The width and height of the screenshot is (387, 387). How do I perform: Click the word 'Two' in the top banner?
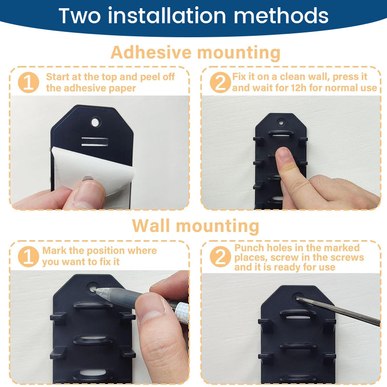pyautogui.click(x=79, y=16)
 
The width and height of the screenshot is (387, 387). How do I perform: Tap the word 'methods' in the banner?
pyautogui.click(x=281, y=16)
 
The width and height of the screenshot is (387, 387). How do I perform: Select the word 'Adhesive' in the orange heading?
pyautogui.click(x=151, y=52)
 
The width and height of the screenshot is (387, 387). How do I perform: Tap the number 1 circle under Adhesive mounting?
pyautogui.click(x=29, y=82)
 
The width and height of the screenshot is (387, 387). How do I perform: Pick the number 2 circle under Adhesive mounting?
pyautogui.click(x=220, y=82)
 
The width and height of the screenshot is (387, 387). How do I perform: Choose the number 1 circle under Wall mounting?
pyautogui.click(x=29, y=256)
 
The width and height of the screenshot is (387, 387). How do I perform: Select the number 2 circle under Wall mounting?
pyautogui.click(x=220, y=256)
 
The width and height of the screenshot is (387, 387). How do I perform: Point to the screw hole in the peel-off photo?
pyautogui.click(x=95, y=122)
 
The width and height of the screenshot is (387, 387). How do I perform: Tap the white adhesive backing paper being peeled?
pyautogui.click(x=94, y=170)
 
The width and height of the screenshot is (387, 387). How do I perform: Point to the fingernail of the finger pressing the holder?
pyautogui.click(x=283, y=154)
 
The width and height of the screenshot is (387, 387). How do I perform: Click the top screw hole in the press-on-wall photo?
pyautogui.click(x=281, y=122)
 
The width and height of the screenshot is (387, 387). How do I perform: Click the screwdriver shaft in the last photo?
pyautogui.click(x=338, y=312)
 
